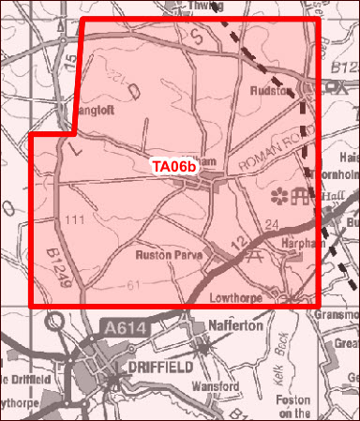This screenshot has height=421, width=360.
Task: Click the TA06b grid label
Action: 175,167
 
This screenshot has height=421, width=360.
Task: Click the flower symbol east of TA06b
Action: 278,196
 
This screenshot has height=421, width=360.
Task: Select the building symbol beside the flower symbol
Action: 301,196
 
